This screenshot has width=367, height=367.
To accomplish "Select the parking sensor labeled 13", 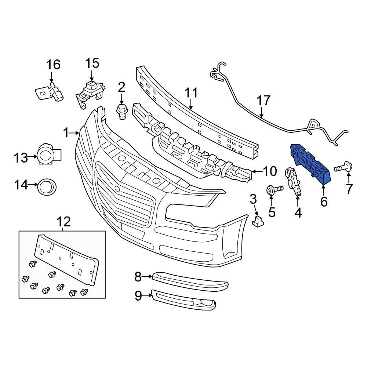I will (48, 155).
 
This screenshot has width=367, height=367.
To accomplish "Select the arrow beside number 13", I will (33, 157).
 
